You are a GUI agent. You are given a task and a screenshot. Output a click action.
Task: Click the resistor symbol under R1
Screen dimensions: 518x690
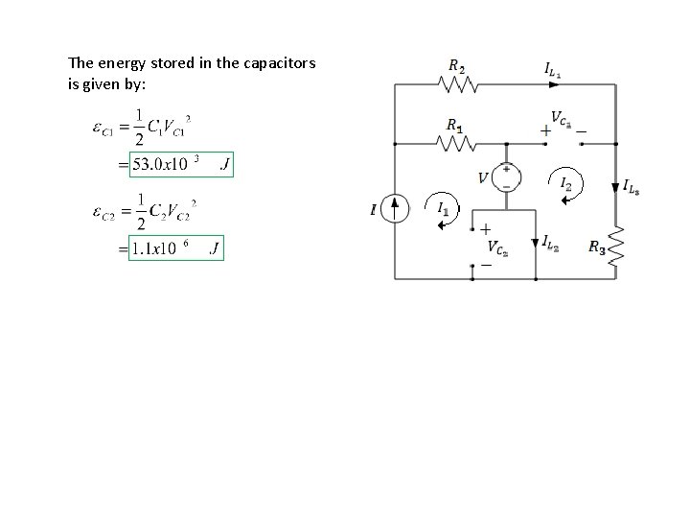[456, 143]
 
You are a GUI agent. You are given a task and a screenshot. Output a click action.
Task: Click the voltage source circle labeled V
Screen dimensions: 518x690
[506, 177]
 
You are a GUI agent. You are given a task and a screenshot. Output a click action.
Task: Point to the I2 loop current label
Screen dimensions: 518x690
[567, 182]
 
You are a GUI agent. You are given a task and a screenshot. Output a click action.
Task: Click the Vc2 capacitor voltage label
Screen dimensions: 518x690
[498, 248]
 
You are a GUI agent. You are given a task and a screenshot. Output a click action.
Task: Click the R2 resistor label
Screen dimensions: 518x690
[456, 65]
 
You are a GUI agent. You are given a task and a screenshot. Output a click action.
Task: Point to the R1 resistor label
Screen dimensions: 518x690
[455, 125]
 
